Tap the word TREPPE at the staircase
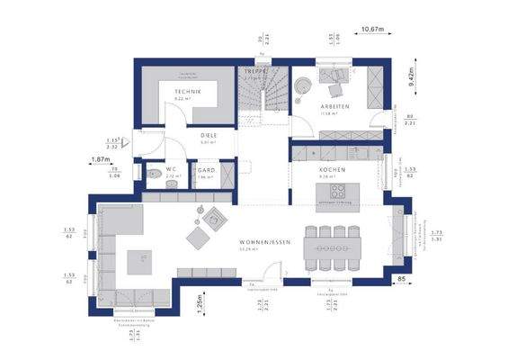pyautogui.click(x=252, y=70)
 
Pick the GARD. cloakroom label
pyautogui.click(x=205, y=169)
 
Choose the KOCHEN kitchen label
pyautogui.click(x=332, y=169)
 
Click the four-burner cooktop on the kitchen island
pyautogui.click(x=338, y=191)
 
